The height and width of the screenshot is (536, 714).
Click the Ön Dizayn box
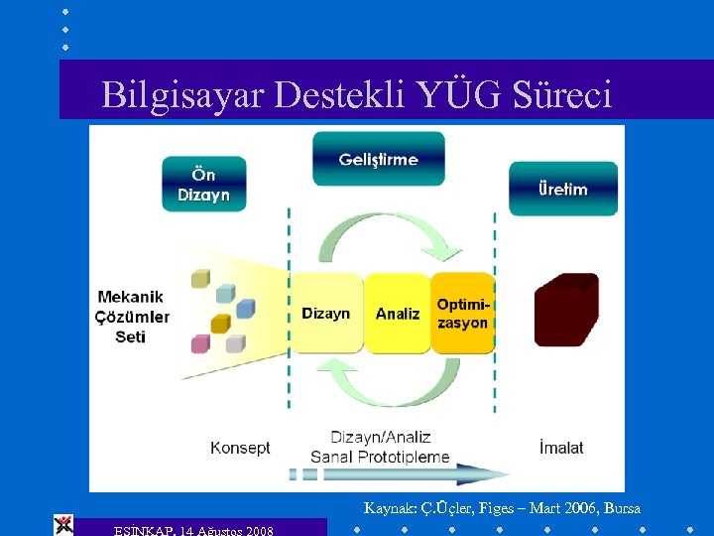(x=204, y=185)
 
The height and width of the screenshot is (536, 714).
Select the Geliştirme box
(x=378, y=159)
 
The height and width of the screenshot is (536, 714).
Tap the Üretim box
(x=562, y=189)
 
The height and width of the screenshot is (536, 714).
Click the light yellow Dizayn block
(x=326, y=313)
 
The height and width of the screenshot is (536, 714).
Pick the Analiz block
(x=398, y=313)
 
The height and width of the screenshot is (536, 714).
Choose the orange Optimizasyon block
(x=462, y=313)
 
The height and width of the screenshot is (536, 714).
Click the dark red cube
(x=566, y=309)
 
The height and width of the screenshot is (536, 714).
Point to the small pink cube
(x=201, y=343)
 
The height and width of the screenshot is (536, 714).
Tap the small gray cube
(x=235, y=343)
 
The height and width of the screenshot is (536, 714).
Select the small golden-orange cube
(x=220, y=324)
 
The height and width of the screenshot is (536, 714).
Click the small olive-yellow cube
(x=201, y=278)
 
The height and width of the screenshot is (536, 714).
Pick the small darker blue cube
(x=245, y=308)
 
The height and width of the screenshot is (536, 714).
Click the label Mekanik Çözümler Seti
(x=133, y=317)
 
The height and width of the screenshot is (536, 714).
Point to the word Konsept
(x=240, y=448)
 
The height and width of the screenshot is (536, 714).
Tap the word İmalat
(x=561, y=448)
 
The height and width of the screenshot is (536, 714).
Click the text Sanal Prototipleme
(x=380, y=458)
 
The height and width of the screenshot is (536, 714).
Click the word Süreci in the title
(x=562, y=94)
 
